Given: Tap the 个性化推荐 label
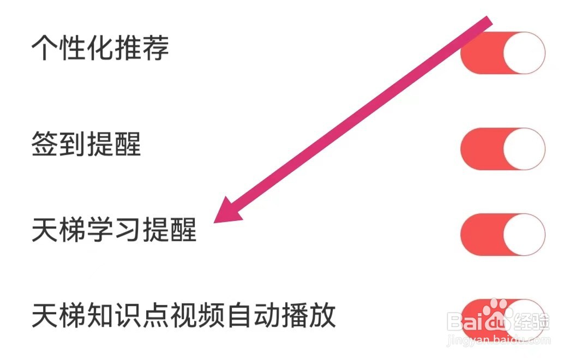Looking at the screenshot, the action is pyautogui.click(x=100, y=48).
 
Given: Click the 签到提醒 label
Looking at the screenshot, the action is pyautogui.click(x=86, y=144).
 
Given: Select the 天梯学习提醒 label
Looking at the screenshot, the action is pyautogui.click(x=114, y=231).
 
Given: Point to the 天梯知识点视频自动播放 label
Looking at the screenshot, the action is pyautogui.click(x=183, y=316).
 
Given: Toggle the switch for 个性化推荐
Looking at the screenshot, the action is pyautogui.click(x=502, y=53).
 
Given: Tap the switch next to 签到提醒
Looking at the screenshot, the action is pyautogui.click(x=502, y=149).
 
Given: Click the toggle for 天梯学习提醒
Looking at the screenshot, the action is pyautogui.click(x=502, y=235).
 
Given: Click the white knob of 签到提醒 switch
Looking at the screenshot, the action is pyautogui.click(x=524, y=149).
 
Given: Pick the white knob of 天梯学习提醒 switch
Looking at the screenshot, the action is pyautogui.click(x=524, y=235).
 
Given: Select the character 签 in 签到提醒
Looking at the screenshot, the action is pyautogui.click(x=45, y=144).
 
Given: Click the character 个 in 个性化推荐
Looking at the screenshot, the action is pyautogui.click(x=45, y=48).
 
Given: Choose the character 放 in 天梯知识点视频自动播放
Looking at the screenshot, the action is pyautogui.click(x=322, y=316).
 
